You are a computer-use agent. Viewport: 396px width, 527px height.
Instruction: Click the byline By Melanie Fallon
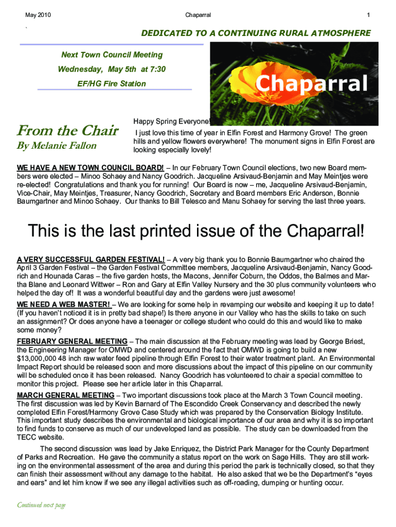(57, 146)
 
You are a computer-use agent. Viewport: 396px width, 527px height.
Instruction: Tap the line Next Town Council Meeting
(112, 55)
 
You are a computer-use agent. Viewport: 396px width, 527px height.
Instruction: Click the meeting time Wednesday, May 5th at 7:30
(112, 69)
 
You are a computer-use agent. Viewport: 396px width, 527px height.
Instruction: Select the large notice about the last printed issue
(196, 231)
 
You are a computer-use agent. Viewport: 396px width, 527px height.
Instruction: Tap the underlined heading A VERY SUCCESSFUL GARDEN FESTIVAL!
(91, 259)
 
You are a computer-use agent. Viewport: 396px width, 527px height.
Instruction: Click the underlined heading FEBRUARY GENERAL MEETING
(72, 341)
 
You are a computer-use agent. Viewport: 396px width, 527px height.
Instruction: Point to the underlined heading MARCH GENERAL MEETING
(66, 395)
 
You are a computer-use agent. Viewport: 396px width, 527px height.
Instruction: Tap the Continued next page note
(42, 505)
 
